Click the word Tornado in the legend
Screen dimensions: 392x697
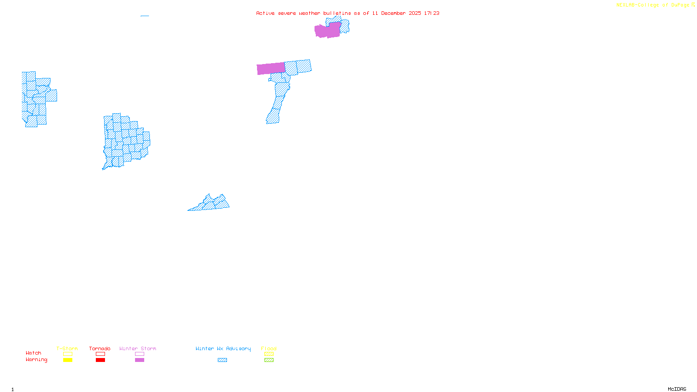pyautogui.click(x=100, y=348)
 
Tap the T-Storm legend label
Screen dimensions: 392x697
pyautogui.click(x=67, y=348)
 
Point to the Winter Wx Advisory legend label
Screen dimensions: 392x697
pyautogui.click(x=223, y=348)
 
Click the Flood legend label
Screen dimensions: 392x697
pyautogui.click(x=269, y=348)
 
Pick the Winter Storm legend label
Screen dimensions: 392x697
pyautogui.click(x=138, y=348)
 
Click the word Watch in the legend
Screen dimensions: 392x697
pyautogui.click(x=34, y=353)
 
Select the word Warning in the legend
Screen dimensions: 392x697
pyautogui.click(x=37, y=360)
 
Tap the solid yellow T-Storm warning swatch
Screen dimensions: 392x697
pyautogui.click(x=68, y=360)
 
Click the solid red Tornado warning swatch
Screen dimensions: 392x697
pyautogui.click(x=100, y=360)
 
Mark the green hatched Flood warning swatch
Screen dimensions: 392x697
pyautogui.click(x=269, y=360)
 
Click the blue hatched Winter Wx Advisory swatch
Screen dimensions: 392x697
pyautogui.click(x=222, y=360)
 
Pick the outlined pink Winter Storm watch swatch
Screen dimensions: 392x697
pyautogui.click(x=139, y=354)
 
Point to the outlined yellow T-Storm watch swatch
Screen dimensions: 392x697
pyautogui.click(x=68, y=354)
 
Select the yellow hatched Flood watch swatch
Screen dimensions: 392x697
pyautogui.click(x=269, y=354)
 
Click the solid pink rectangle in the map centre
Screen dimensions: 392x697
pyautogui.click(x=271, y=68)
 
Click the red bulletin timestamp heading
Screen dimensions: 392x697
pyautogui.click(x=348, y=13)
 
